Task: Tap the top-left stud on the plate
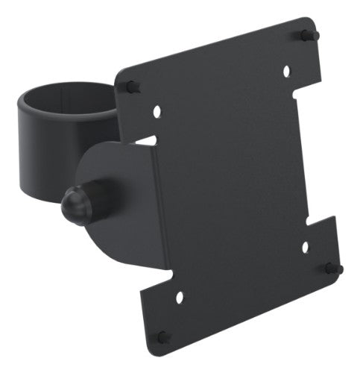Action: (x=132, y=87)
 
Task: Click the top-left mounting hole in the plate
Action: (x=157, y=111)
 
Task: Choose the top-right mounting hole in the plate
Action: (x=285, y=72)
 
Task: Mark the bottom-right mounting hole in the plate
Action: (x=304, y=246)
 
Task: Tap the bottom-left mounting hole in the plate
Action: (x=178, y=297)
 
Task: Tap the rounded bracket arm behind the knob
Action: (x=119, y=194)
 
